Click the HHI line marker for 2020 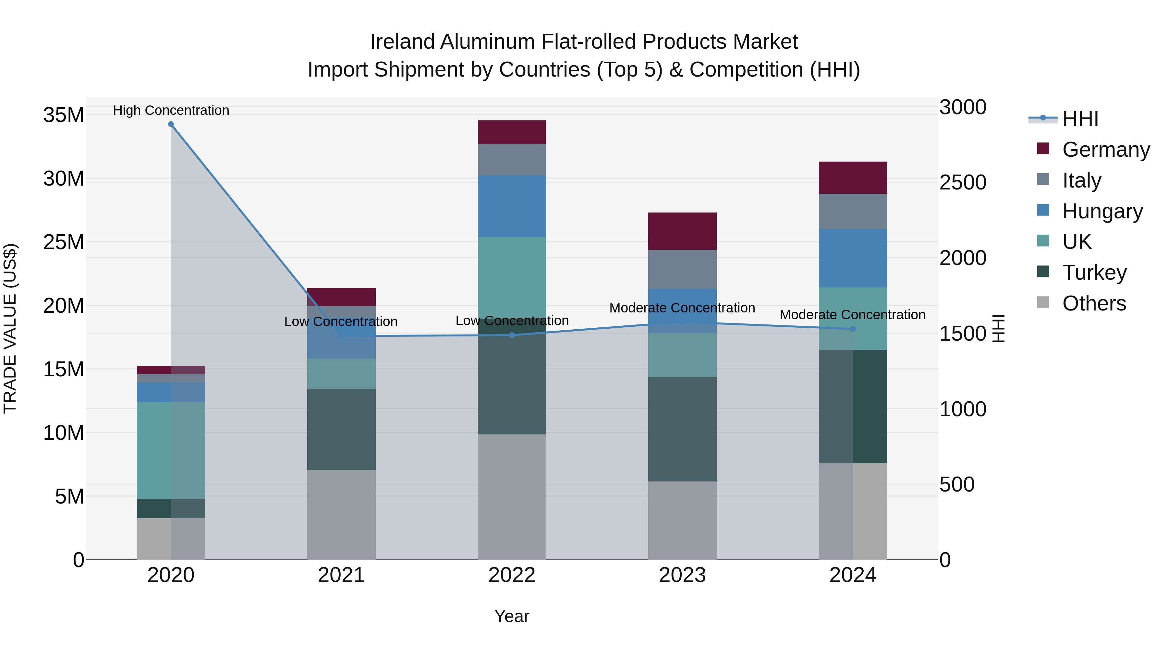click(171, 124)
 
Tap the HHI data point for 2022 click(512, 335)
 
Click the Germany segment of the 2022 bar click(512, 132)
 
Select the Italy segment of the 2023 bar click(682, 269)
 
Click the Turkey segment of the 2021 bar click(341, 429)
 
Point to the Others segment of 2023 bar click(682, 520)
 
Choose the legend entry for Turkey click(1094, 273)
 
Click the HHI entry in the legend click(1079, 119)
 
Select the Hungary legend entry click(1102, 211)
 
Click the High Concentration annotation click(171, 110)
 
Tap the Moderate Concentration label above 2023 click(682, 308)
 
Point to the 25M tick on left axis click(64, 242)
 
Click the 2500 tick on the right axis click(963, 182)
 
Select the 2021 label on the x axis click(341, 575)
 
